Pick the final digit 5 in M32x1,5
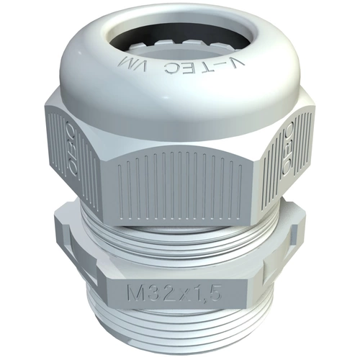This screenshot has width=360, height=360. pyautogui.click(x=214, y=293)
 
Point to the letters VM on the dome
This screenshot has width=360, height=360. pyautogui.click(x=129, y=63)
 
